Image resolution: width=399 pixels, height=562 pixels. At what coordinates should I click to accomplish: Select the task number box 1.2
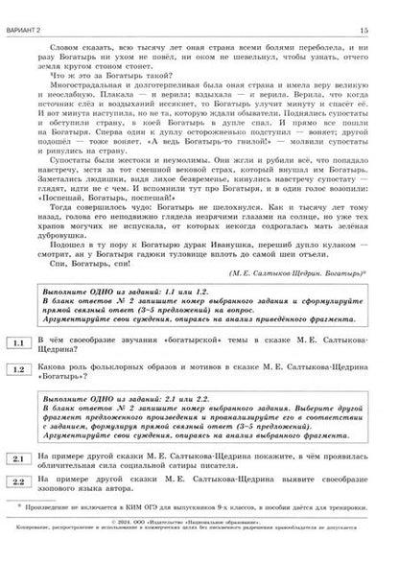[19, 369]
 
